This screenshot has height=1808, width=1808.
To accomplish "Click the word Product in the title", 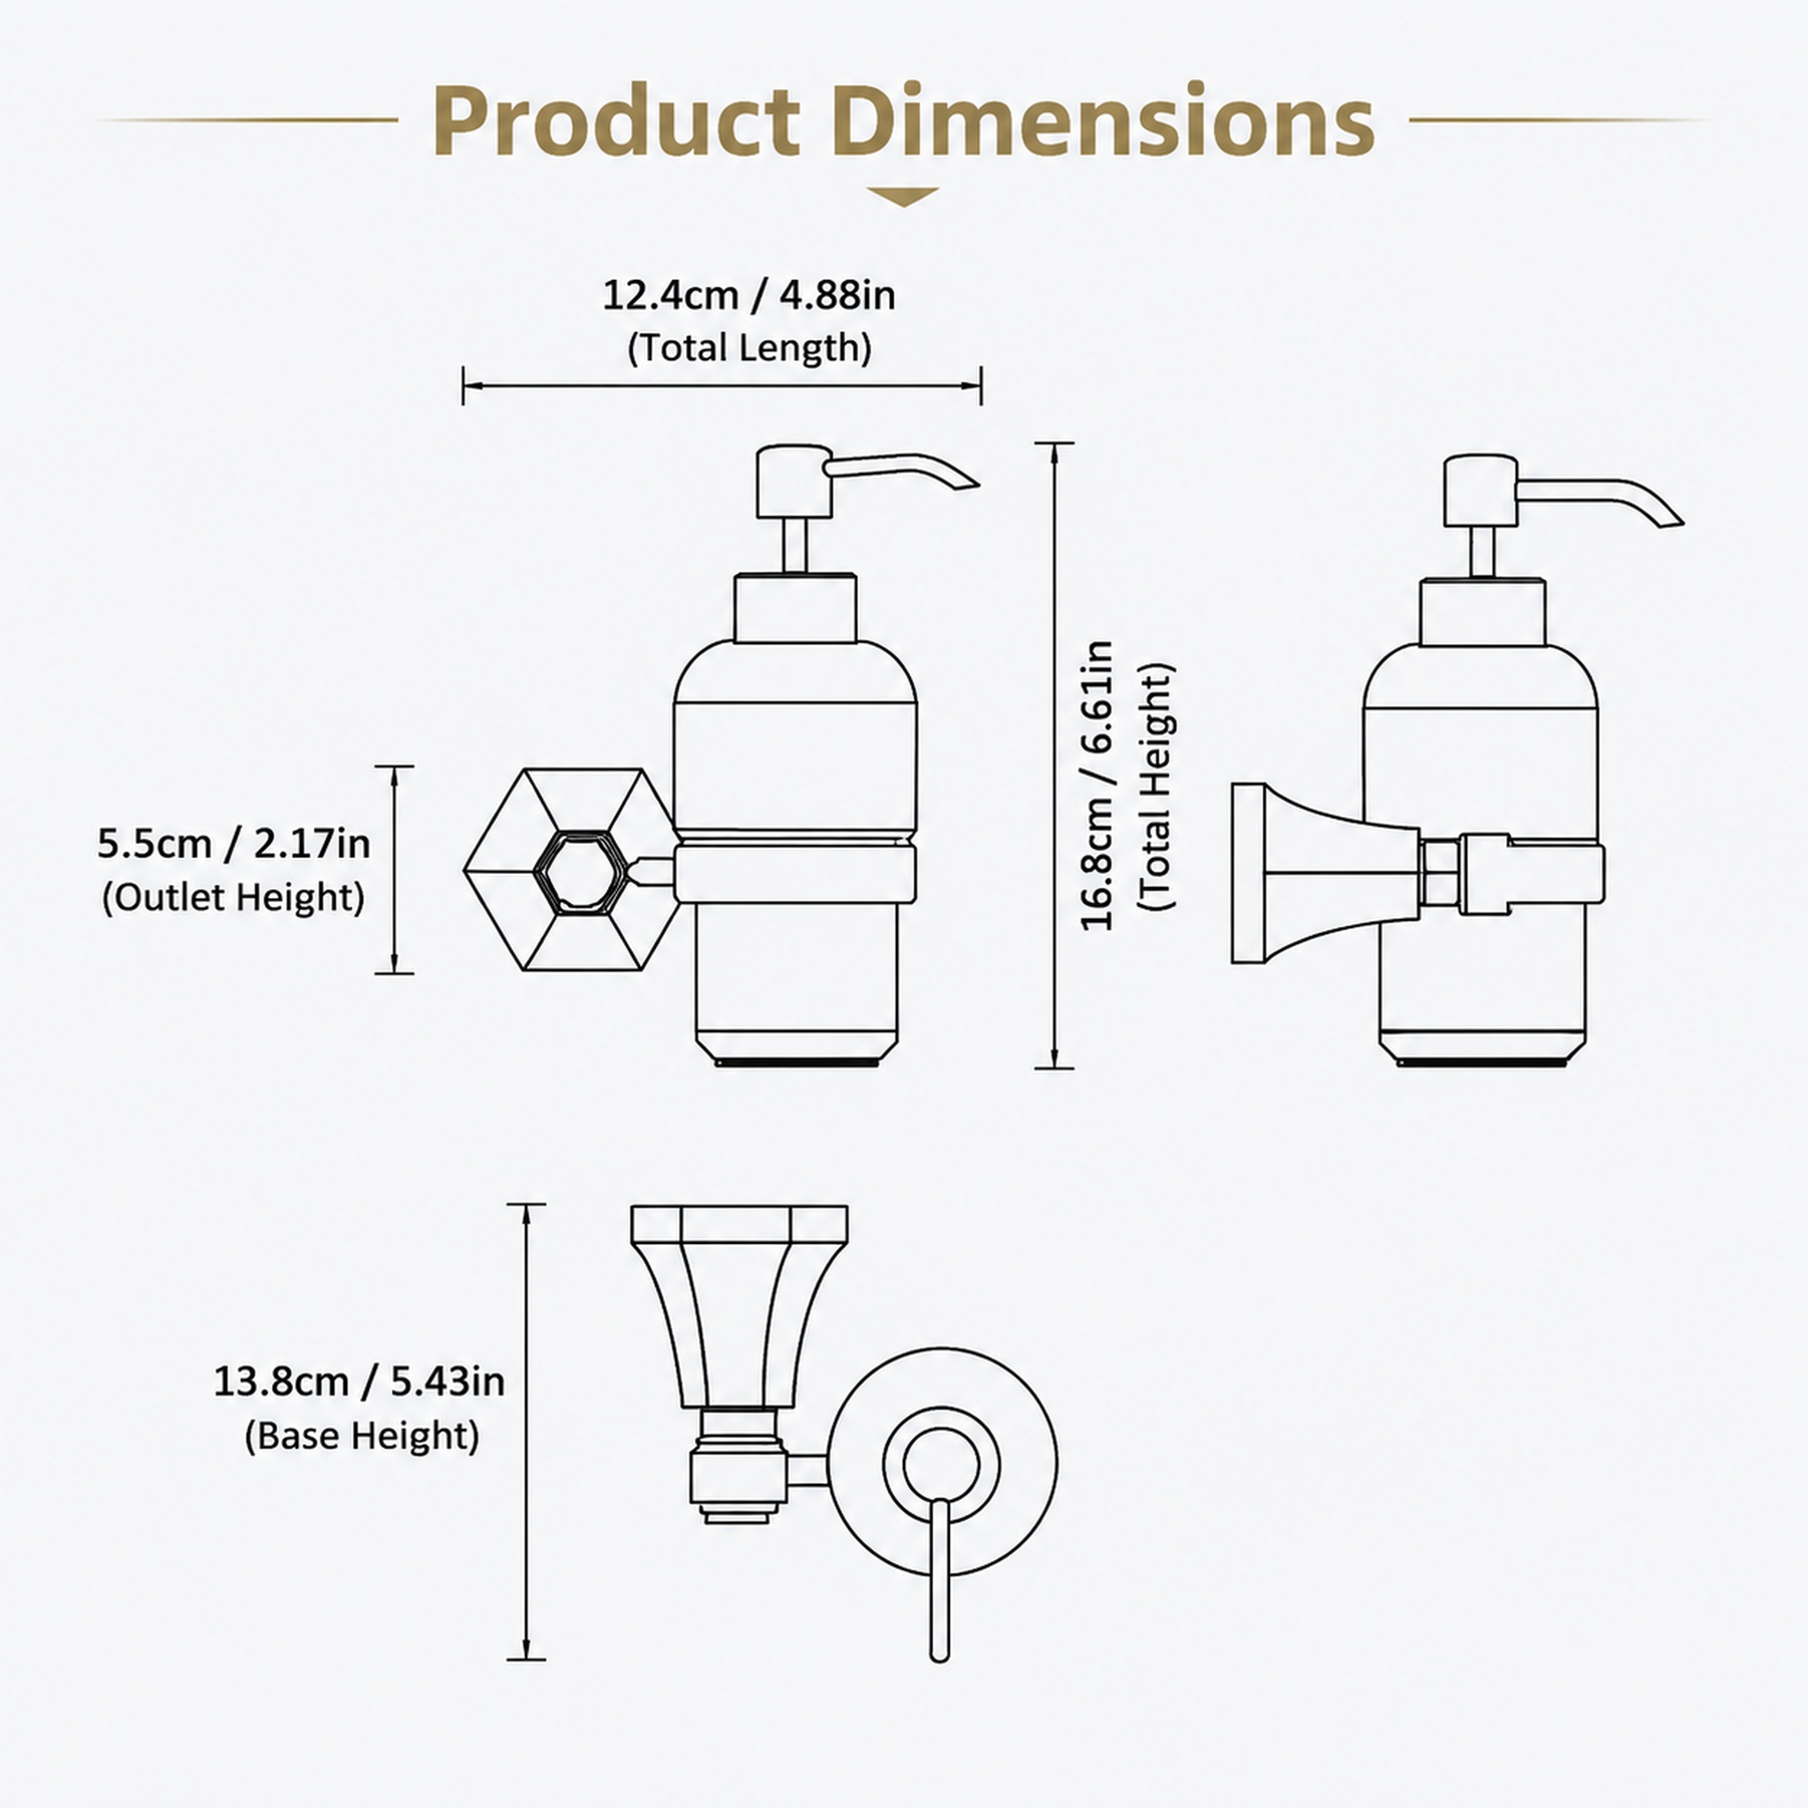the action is [616, 123].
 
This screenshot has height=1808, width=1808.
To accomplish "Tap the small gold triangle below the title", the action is [903, 197].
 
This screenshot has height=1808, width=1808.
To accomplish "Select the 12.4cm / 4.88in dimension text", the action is [748, 296].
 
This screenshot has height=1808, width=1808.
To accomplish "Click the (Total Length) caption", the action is [749, 348].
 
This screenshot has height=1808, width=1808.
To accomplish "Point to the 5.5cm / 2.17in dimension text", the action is [234, 844].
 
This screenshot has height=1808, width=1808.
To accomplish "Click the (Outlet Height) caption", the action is [233, 898].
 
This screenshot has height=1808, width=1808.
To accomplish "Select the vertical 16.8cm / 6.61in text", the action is [1097, 786].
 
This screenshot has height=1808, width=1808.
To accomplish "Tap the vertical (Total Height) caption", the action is [1156, 787].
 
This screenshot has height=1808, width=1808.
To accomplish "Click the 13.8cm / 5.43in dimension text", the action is [359, 1382].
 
